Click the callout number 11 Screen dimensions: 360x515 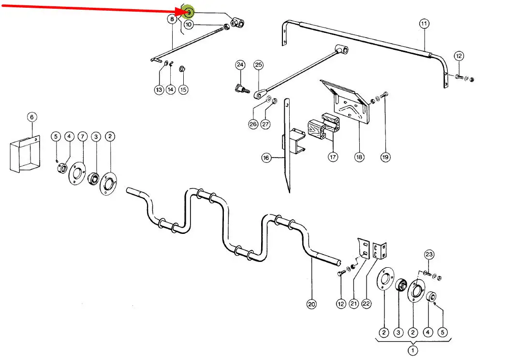pos(424,23)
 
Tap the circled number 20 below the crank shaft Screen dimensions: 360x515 pos(312,304)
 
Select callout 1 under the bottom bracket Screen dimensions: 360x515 pos(413,350)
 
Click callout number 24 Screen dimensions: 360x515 pos(240,65)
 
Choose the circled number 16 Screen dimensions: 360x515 pos(266,158)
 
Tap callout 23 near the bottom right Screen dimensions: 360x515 pos(429,254)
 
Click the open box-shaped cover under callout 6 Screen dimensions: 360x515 pos(23,154)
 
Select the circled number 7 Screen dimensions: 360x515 pos(82,137)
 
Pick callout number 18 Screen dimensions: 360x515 pos(359,157)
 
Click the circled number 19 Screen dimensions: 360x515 pos(385,157)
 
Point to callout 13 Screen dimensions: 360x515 pos(159,89)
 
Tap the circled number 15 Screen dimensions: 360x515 pos(183,89)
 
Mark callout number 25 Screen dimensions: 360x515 pos(258,65)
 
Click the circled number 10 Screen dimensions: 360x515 pos(189,24)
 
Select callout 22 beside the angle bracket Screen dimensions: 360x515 pos(366,304)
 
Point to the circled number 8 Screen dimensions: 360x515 pos(172,19)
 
